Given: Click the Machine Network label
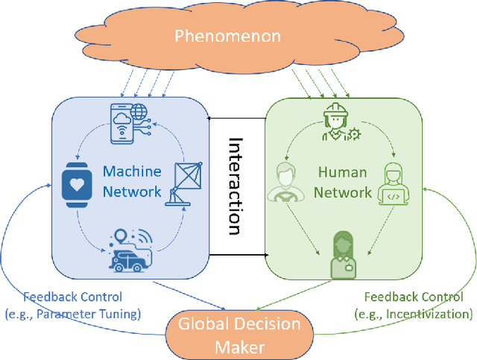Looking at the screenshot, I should (x=131, y=181).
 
